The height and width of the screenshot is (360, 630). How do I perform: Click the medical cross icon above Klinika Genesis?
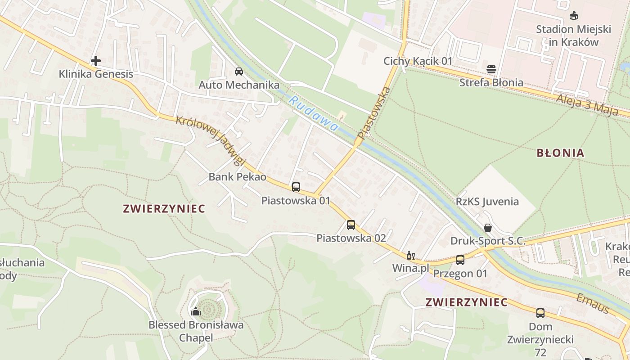tap(95, 60)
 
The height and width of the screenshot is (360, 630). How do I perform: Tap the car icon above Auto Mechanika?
tap(239, 71)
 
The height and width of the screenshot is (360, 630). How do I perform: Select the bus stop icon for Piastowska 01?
tap(296, 187)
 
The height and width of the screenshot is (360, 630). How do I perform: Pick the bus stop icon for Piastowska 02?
tap(351, 225)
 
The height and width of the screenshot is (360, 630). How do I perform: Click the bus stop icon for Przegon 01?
tap(460, 260)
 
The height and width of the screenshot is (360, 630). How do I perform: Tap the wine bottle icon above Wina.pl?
tap(410, 256)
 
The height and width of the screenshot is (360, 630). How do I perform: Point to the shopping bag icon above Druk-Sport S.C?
tap(487, 228)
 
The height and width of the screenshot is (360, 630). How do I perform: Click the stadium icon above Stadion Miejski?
tap(573, 16)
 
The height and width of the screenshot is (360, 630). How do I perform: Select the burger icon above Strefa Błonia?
tap(491, 69)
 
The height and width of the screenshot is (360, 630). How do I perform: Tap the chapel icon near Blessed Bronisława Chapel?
tap(196, 311)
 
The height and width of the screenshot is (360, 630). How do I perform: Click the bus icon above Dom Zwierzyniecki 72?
tap(540, 313)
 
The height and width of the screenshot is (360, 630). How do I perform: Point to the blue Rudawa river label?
tap(313, 114)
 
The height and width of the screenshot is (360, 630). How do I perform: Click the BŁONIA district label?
tap(560, 153)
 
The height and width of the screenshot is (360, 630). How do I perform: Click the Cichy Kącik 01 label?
tap(418, 61)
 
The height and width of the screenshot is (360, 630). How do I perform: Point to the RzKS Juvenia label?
tap(487, 202)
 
